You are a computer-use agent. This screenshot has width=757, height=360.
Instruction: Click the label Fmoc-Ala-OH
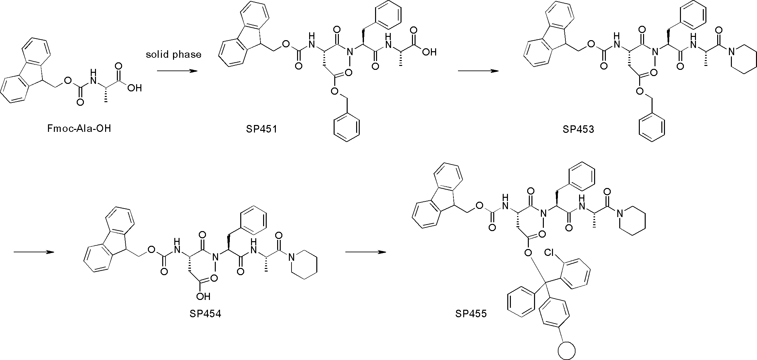click(79, 129)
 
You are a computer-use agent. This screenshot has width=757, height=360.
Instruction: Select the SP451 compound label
click(261, 129)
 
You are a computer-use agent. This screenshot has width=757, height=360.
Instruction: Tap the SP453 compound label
click(578, 129)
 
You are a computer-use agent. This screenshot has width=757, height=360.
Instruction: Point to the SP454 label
click(205, 314)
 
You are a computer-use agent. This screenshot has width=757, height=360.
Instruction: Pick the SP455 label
click(471, 314)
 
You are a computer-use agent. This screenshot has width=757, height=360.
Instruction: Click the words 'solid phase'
click(174, 55)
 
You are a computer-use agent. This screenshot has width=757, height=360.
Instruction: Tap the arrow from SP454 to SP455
click(366, 252)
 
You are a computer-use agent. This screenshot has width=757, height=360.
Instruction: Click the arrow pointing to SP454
click(34, 252)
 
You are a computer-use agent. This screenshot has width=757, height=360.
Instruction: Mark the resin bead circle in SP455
click(566, 351)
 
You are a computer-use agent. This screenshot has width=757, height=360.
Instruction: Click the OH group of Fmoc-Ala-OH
click(134, 88)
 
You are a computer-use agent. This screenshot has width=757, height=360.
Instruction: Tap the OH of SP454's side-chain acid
click(203, 296)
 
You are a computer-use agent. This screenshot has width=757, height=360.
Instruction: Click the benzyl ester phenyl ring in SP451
click(346, 128)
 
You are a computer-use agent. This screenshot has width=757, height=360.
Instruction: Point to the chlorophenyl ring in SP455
click(576, 274)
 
